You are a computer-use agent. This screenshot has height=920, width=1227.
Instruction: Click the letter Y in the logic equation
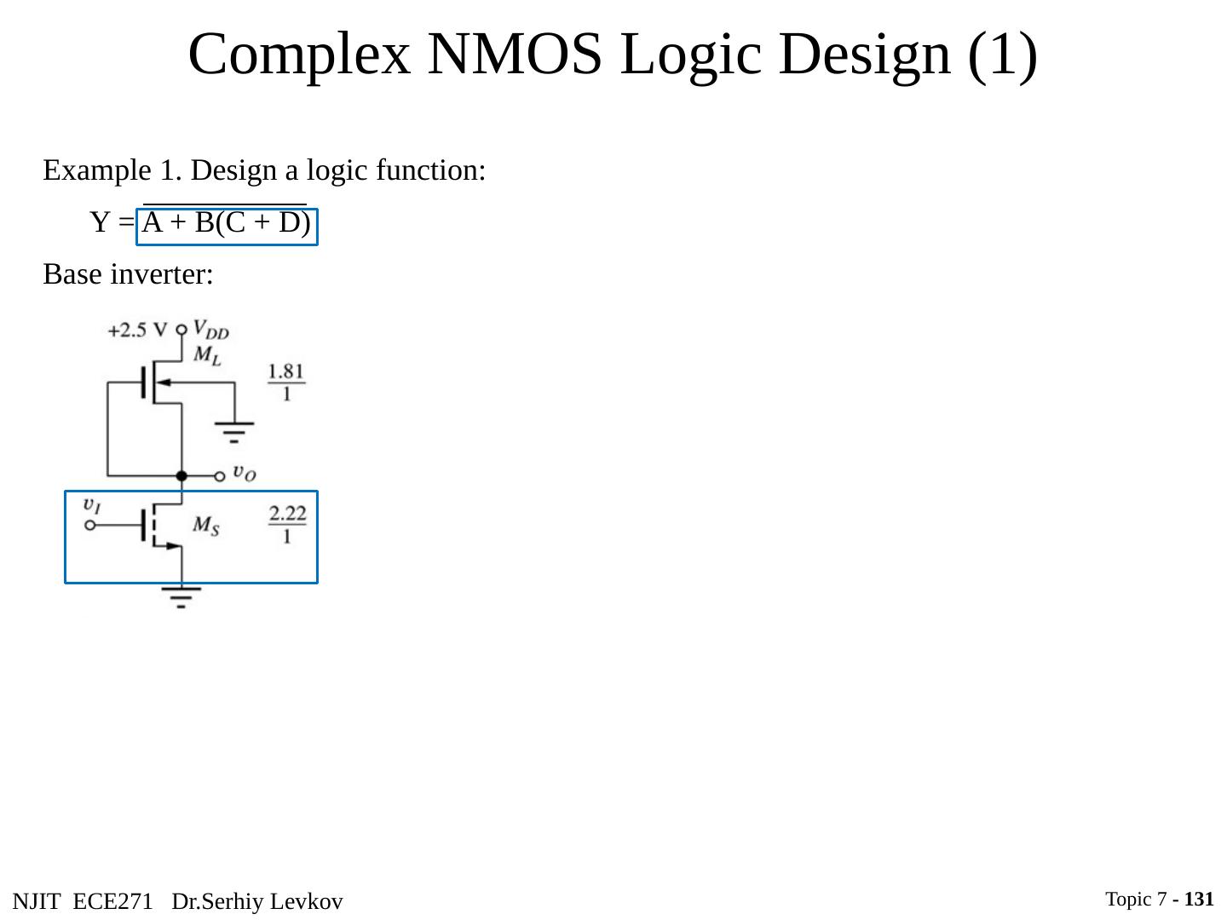tap(101, 223)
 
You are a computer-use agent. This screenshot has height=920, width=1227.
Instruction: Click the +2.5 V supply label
tap(138, 330)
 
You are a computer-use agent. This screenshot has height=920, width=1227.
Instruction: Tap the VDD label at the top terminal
tap(210, 329)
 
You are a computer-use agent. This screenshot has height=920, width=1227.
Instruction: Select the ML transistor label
tap(207, 355)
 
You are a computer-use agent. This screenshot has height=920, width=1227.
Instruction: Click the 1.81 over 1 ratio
tap(286, 382)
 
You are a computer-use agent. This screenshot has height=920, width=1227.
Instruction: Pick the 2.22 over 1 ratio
tap(287, 524)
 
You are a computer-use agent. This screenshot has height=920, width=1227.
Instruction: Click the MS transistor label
tap(205, 526)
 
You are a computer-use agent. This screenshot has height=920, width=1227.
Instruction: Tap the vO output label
tap(244, 473)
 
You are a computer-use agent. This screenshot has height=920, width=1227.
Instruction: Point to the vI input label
tap(92, 504)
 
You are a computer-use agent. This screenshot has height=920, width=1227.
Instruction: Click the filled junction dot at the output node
tap(181, 476)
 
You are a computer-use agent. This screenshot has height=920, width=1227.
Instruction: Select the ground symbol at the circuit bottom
tap(181, 595)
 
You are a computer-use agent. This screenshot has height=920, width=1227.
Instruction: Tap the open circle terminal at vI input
tap(90, 526)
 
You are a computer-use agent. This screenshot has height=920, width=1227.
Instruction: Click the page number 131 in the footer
tap(1199, 899)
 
